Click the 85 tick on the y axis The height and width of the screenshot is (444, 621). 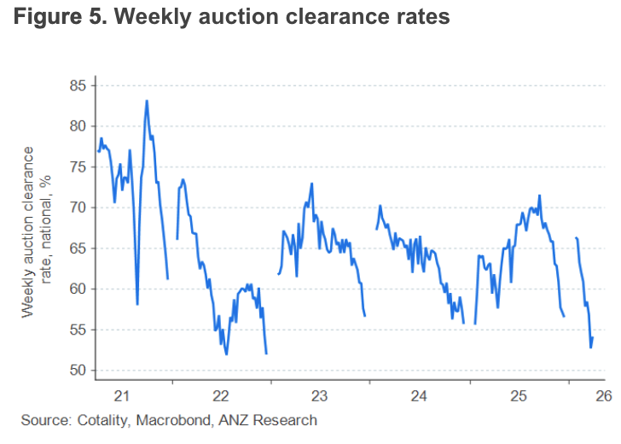pos(79,85)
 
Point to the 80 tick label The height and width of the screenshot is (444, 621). pos(79,126)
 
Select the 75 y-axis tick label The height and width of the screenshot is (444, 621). pos(79,166)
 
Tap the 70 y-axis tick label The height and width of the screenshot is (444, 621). pos(79,207)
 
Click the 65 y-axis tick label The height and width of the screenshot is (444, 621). pos(79,248)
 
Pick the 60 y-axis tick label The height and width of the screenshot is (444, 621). pos(79,289)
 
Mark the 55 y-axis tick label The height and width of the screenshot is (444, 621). pos(79,330)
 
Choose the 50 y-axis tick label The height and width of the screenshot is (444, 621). pos(79,371)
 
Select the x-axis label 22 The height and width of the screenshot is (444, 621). pos(220,396)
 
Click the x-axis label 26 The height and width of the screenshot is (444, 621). pos(602,396)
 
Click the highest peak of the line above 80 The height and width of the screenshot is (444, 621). pos(147,101)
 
